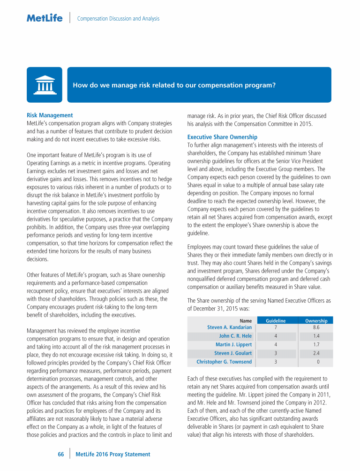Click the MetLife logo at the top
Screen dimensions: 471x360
(x=44, y=18)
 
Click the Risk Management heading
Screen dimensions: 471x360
(x=49, y=115)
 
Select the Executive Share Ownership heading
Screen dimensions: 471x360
(x=222, y=137)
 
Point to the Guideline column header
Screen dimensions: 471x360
(x=276, y=321)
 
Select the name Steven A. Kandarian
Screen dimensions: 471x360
(x=229, y=327)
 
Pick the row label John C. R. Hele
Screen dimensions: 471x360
(x=235, y=336)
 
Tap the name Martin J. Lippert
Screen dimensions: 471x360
(x=233, y=344)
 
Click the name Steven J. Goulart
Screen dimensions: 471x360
(x=233, y=353)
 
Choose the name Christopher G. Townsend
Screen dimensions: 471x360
(x=224, y=362)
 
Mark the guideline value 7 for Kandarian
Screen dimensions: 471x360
(x=276, y=327)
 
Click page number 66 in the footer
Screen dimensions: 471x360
(x=60, y=454)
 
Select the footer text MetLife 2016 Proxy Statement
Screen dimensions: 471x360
(x=113, y=454)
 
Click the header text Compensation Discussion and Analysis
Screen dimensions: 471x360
(x=118, y=19)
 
